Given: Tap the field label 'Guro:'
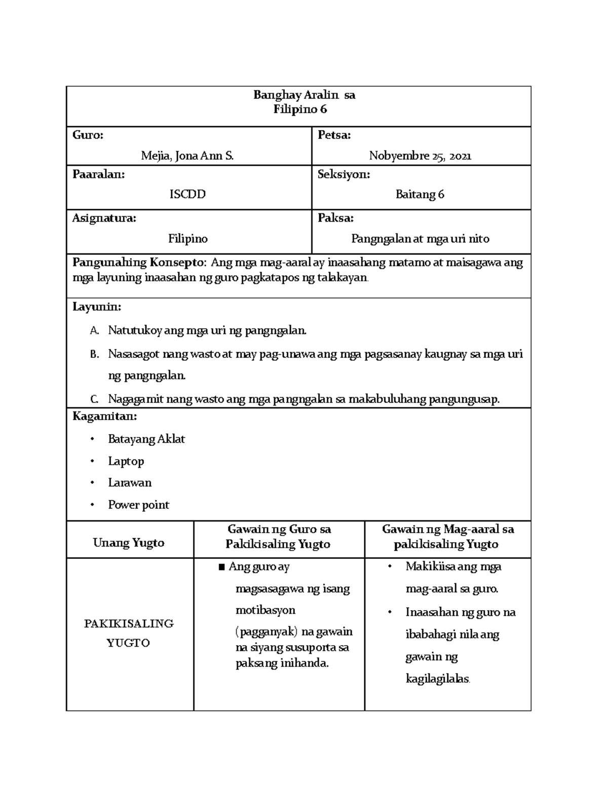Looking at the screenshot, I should point(88,135).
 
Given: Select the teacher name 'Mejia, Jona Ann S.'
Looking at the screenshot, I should point(187,156).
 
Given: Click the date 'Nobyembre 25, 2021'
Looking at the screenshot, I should point(420,156).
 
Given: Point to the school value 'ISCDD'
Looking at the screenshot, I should point(187,194).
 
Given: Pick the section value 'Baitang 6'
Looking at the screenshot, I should point(420,194).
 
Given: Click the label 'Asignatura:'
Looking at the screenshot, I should point(104,218).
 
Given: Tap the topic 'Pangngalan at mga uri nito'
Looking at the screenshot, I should point(420,239).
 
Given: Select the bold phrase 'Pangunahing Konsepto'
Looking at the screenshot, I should point(139,263).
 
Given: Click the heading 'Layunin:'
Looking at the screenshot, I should point(97,307).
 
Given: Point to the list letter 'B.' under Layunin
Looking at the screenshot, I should point(94,354).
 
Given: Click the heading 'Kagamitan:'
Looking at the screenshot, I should point(105,417).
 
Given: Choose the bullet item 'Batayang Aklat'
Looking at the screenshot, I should point(146,439).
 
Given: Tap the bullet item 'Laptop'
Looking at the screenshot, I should point(126,461).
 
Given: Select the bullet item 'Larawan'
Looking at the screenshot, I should point(130,482).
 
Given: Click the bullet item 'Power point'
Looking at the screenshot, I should point(138,505).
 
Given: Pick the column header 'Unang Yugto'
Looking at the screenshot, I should point(129,543).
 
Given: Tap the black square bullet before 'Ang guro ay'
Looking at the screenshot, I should point(221,567).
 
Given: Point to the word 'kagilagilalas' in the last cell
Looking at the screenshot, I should point(437,679).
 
